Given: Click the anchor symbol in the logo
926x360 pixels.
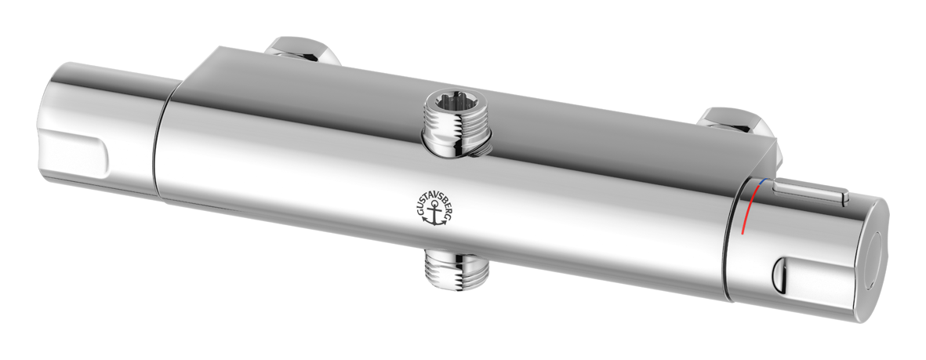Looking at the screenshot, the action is pyautogui.click(x=434, y=213).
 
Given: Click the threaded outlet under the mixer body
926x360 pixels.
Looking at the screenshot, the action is pyautogui.click(x=457, y=270).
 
